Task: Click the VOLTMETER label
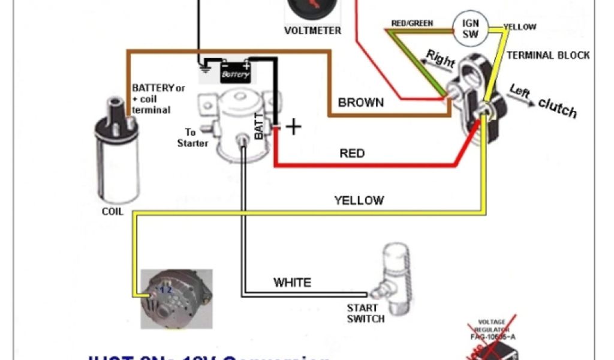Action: click(312, 31)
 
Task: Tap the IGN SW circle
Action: click(470, 29)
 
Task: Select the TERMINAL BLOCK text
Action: click(548, 55)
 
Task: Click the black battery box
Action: click(235, 73)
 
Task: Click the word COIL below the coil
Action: click(112, 211)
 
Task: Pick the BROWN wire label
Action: click(361, 103)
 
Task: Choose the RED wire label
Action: click(352, 154)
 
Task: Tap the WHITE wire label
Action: click(292, 282)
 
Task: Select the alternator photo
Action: click(176, 298)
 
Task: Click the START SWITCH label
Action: click(366, 313)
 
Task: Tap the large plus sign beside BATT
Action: click(293, 127)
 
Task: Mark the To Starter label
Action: click(192, 138)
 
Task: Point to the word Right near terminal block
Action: click(440, 59)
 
